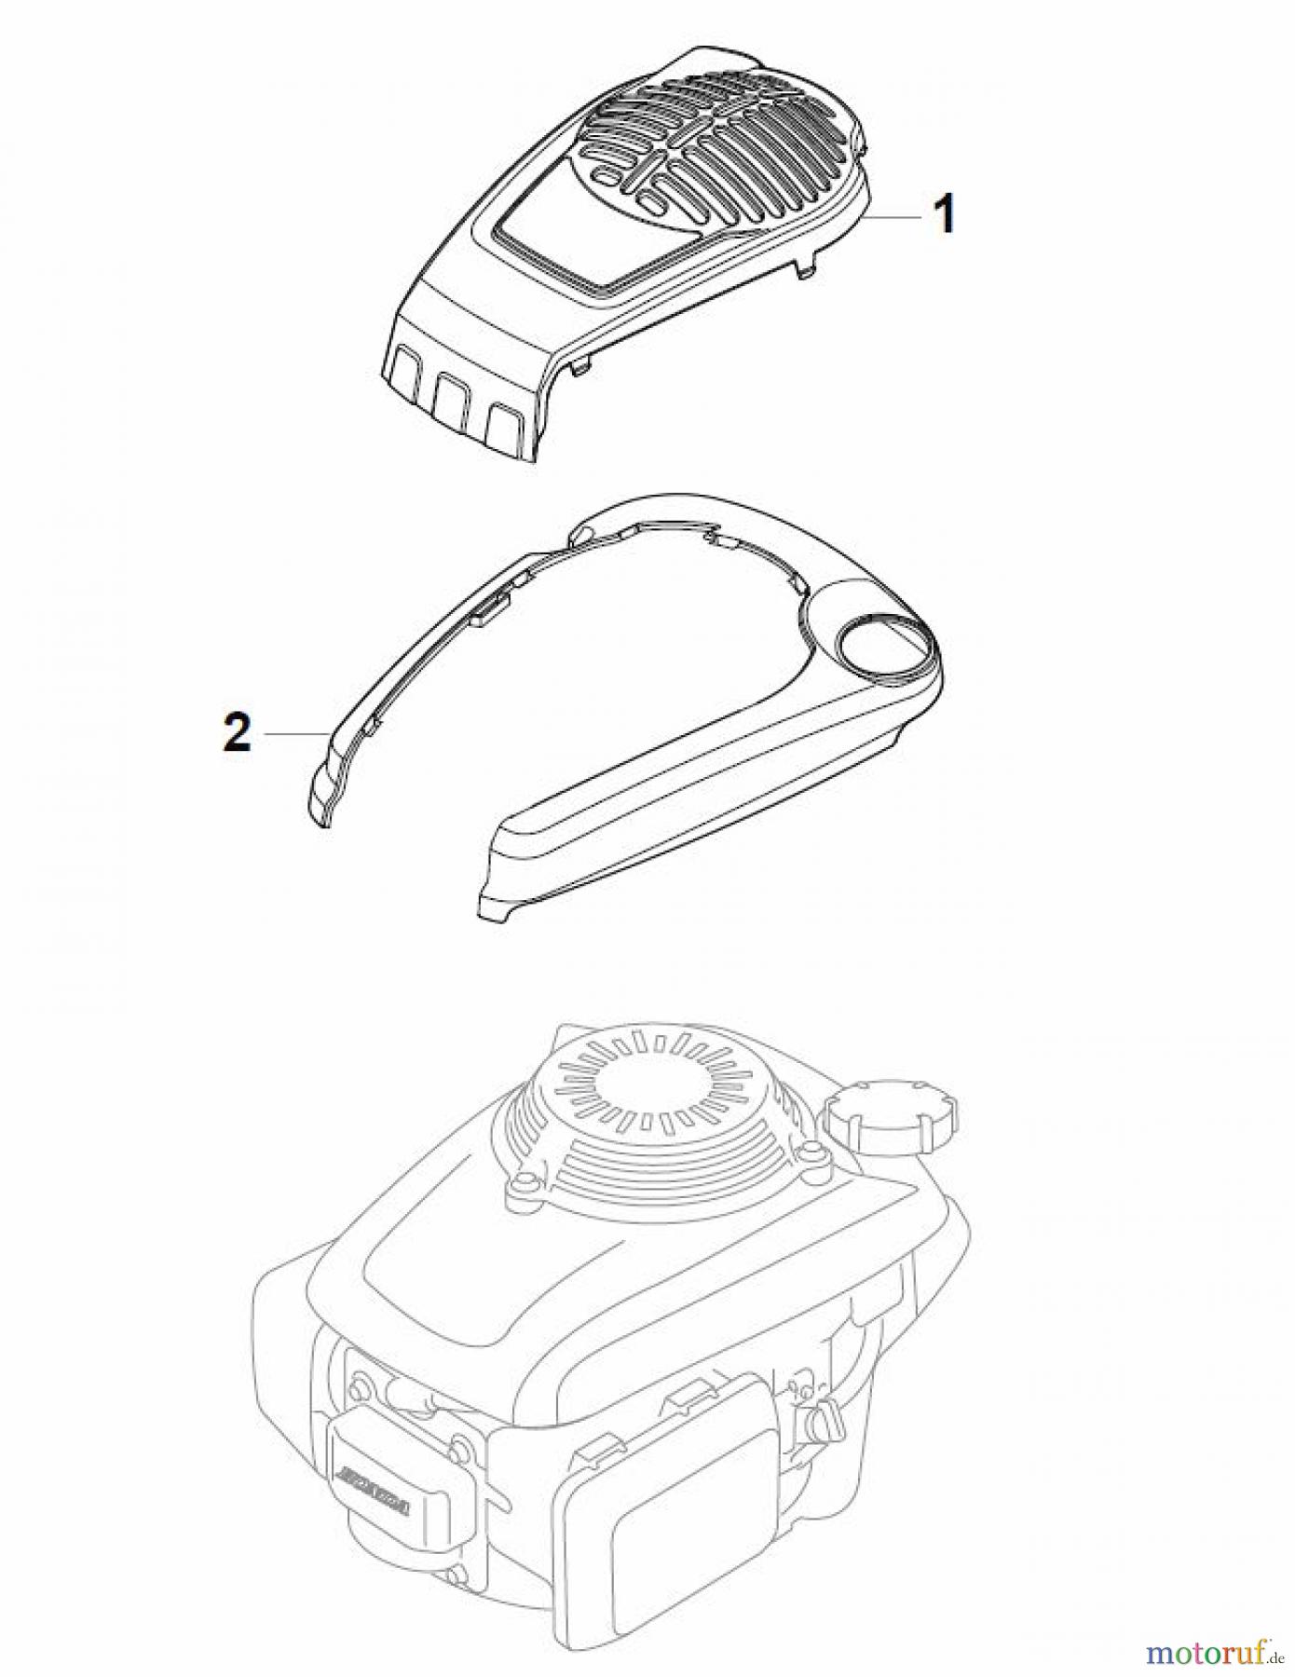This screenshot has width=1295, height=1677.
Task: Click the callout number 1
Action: coord(944,216)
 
